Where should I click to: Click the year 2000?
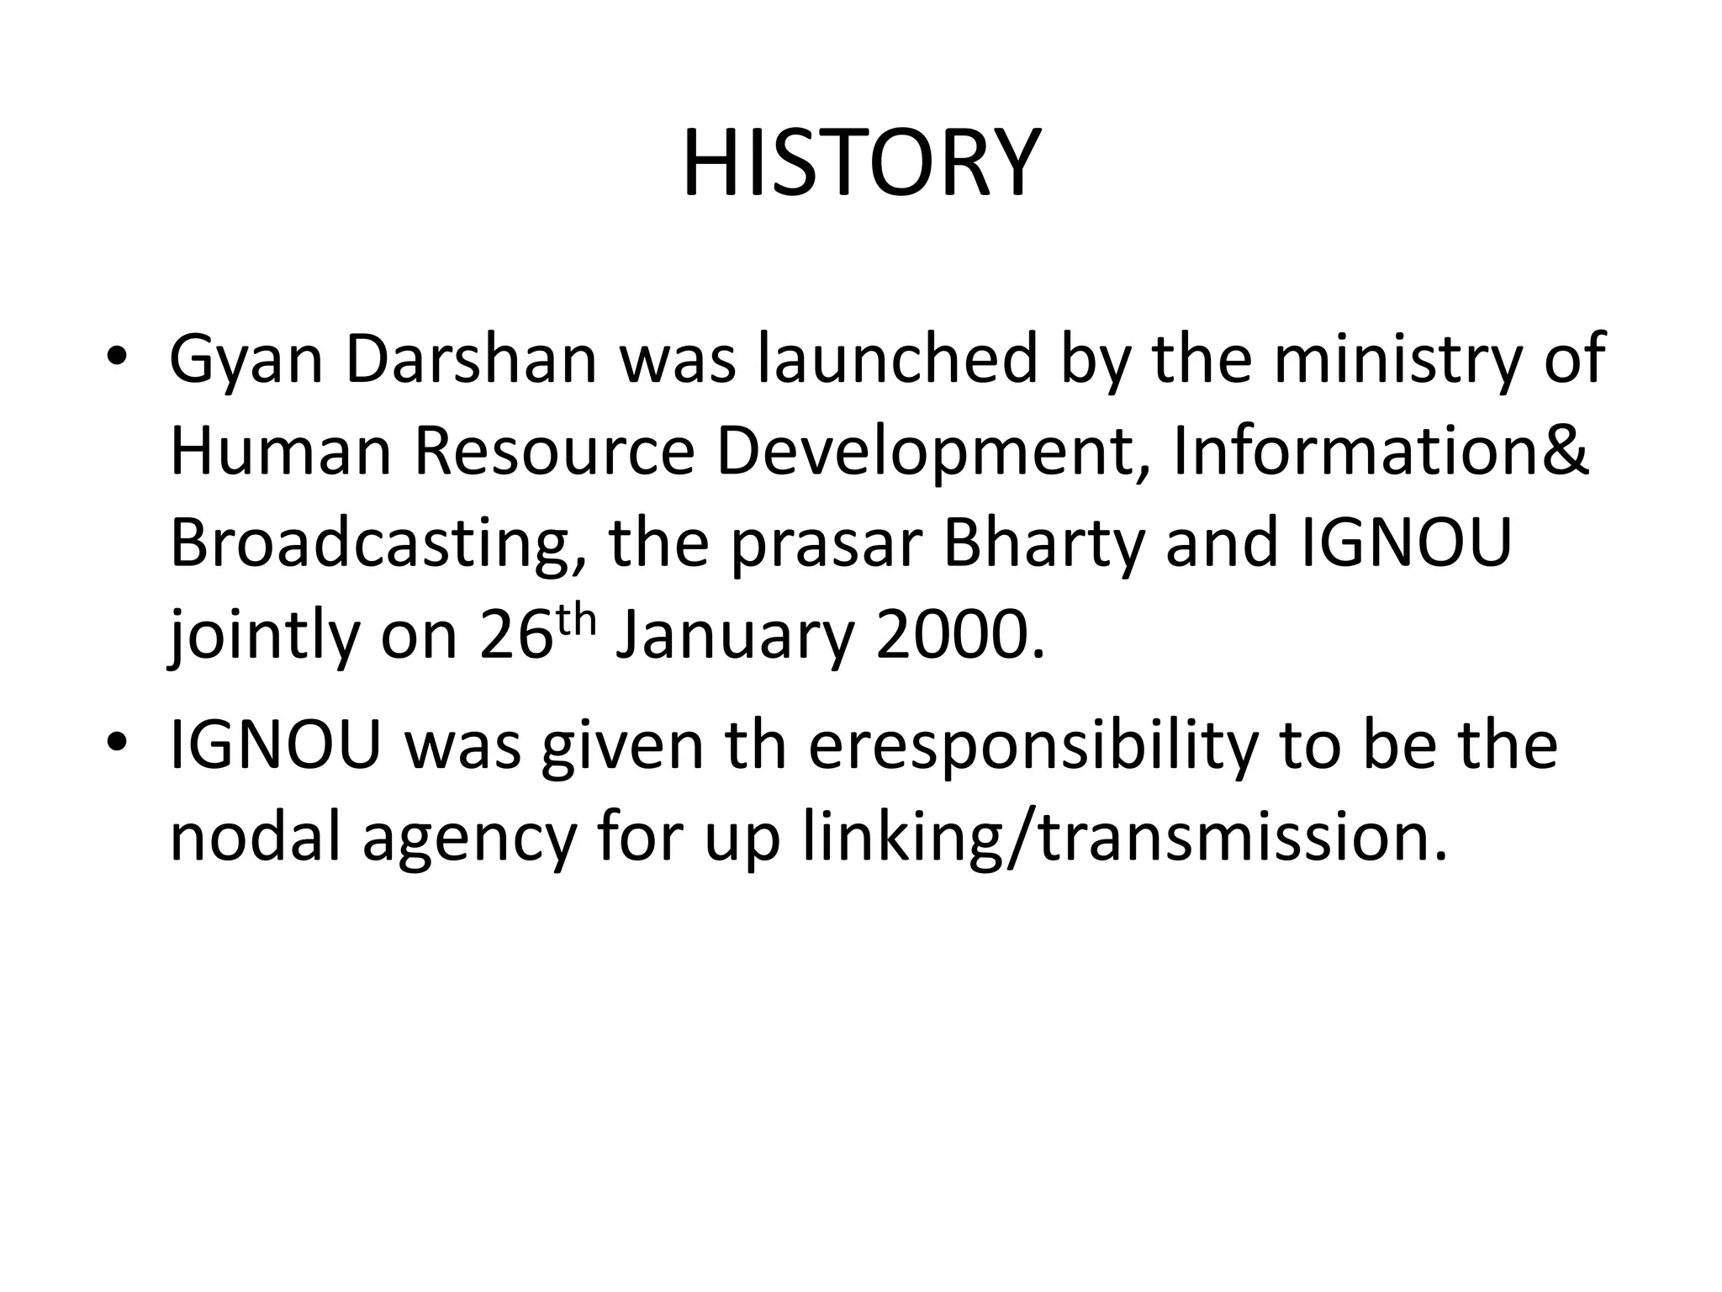point(959,638)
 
